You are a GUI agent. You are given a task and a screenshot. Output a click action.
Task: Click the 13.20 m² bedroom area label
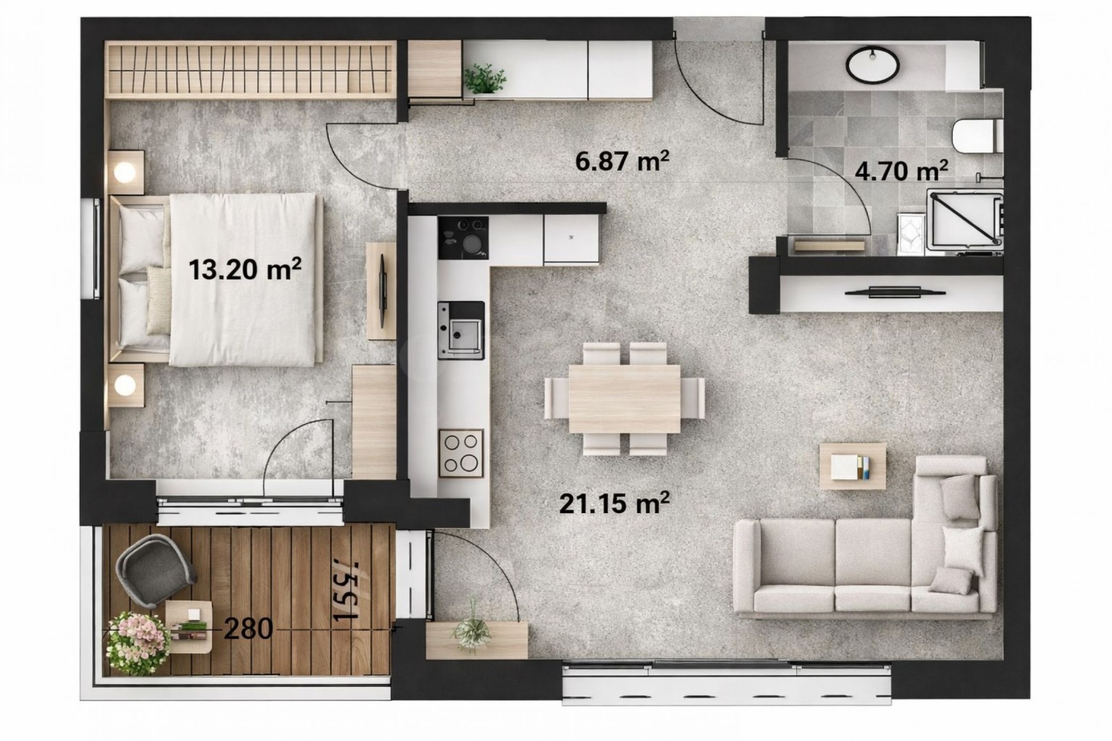[245, 269]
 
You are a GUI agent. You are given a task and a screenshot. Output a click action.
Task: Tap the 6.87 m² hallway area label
[622, 161]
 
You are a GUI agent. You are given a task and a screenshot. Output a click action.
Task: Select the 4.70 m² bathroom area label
[901, 170]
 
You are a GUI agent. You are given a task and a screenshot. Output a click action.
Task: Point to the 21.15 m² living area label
[614, 503]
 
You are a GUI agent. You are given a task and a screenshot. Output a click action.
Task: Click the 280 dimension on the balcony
[248, 629]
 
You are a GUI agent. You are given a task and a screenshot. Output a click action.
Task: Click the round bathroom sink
[872, 64]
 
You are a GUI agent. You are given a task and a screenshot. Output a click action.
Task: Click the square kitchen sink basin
[461, 331]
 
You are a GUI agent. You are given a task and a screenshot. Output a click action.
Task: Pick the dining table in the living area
[624, 398]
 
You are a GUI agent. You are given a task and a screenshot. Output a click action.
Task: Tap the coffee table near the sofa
[853, 466]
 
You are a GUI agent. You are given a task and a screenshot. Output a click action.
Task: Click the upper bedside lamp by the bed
[126, 170]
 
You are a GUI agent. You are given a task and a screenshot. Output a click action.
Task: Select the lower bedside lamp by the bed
[126, 384]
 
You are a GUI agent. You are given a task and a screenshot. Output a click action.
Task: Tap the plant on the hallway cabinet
[485, 79]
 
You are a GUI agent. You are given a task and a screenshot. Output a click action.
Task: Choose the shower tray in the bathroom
[965, 219]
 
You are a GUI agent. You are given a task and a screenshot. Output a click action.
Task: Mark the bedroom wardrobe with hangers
[250, 67]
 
